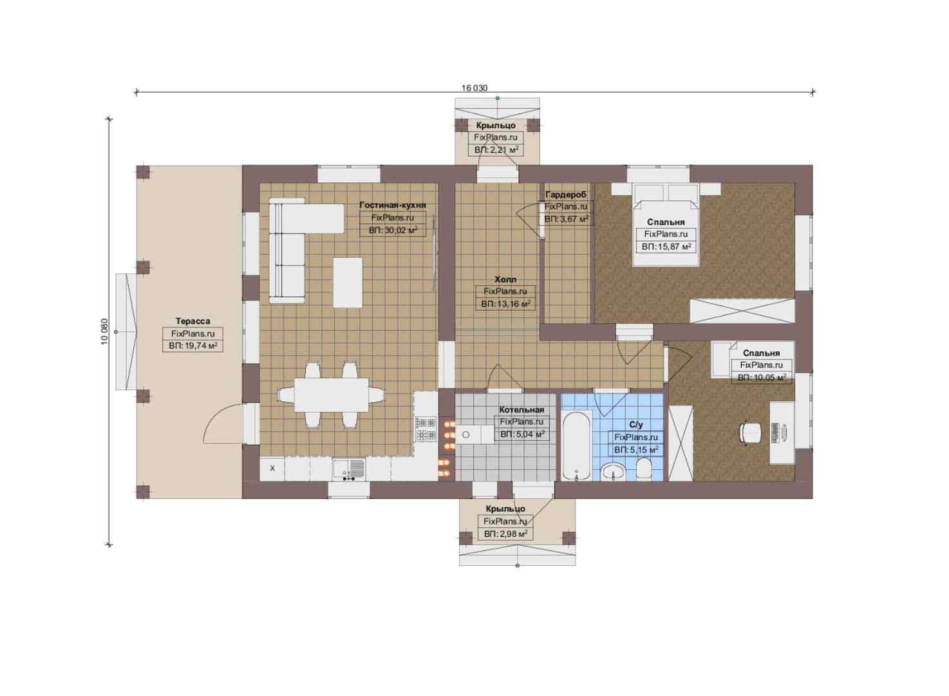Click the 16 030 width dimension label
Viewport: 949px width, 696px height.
474,88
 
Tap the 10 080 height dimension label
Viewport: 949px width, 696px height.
105,332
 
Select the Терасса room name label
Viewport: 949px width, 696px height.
193,321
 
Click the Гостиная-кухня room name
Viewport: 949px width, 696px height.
392,205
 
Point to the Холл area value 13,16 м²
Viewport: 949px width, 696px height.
505,304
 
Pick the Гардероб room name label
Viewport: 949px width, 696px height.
565,195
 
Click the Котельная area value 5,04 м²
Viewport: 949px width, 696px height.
522,434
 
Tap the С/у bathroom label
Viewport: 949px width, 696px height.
636,425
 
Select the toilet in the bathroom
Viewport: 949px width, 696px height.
644,470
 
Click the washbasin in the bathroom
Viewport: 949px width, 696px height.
614,472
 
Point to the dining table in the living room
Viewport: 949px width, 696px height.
331,395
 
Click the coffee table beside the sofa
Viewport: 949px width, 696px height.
348,282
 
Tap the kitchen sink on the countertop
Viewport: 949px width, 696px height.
348,470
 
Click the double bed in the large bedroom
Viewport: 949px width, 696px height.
666,225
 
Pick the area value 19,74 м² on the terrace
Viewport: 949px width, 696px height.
193,345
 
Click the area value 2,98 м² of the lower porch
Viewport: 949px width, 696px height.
505,534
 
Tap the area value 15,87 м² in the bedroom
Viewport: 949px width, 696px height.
666,246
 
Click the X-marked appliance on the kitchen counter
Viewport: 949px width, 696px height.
272,469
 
